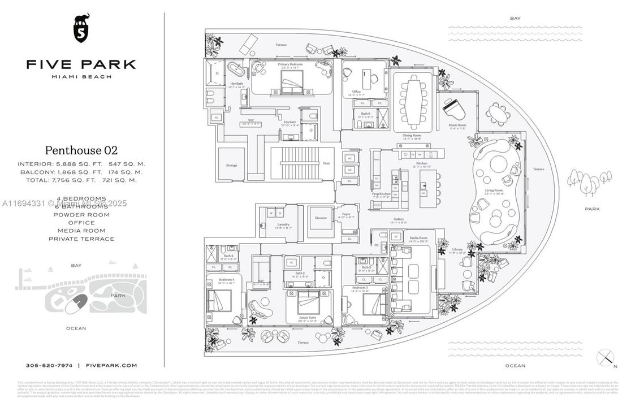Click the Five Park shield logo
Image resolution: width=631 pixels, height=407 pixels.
[81, 28]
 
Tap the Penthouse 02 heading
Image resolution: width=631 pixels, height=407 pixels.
[81, 150]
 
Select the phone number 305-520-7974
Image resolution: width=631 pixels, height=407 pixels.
[50, 366]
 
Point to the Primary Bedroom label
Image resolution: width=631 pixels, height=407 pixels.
[290, 64]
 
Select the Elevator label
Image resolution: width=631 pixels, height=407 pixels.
[321, 218]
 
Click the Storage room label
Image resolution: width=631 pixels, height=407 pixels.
[232, 166]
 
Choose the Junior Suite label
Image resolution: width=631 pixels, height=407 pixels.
[309, 318]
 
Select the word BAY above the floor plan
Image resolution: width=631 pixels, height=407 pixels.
[515, 18]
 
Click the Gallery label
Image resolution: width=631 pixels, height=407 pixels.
[399, 219]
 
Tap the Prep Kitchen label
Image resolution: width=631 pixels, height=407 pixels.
[381, 194]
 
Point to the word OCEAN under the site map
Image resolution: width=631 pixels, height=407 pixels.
[76, 328]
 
